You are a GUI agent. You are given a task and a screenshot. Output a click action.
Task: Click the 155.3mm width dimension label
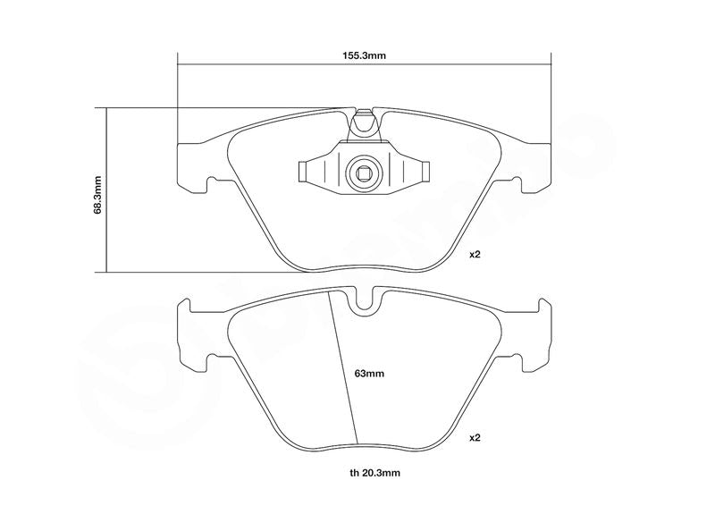click(x=364, y=55)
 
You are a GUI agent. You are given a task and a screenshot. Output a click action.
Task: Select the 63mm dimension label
click(x=369, y=374)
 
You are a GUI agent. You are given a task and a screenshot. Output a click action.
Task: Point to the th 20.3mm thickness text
click(x=374, y=473)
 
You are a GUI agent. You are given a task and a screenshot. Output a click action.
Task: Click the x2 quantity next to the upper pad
click(x=475, y=254)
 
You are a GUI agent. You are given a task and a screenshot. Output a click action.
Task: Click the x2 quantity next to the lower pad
click(x=475, y=437)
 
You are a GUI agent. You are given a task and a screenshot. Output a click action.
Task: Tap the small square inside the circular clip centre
click(x=364, y=173)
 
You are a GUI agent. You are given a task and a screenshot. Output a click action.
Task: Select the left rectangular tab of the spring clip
click(x=302, y=172)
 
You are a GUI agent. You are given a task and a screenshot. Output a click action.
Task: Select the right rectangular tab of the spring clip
click(x=425, y=172)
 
